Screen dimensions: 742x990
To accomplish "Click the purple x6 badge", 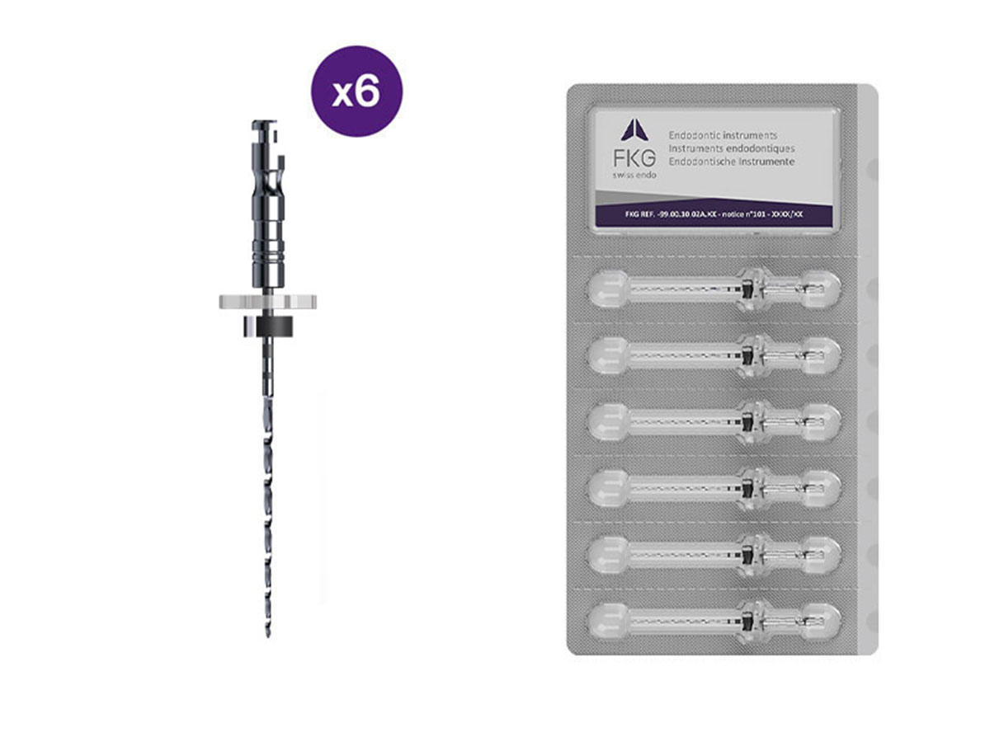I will [x=356, y=92].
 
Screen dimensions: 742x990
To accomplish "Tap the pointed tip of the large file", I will [x=268, y=633].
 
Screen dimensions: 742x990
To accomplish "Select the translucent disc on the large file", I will [x=268, y=301].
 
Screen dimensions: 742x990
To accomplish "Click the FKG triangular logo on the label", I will [x=632, y=131].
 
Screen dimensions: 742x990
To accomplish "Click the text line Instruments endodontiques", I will [x=731, y=148].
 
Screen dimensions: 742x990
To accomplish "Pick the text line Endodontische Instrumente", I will [x=733, y=162].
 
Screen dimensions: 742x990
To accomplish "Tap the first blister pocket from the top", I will [x=714, y=289].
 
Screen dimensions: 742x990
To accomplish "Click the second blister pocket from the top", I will [x=714, y=355].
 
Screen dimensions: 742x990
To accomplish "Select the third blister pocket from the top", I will [x=714, y=421].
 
